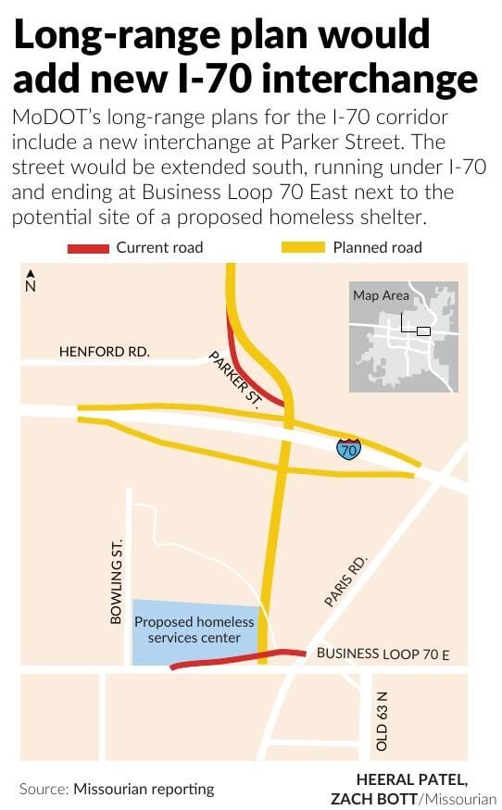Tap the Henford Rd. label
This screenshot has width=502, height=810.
click(x=104, y=352)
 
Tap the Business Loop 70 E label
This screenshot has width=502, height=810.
click(x=383, y=654)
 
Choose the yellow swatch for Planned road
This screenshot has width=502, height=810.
click(x=303, y=247)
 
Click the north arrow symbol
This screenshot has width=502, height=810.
click(x=31, y=280)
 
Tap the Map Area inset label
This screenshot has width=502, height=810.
click(x=381, y=295)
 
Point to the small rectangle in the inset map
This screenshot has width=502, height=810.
click(x=423, y=330)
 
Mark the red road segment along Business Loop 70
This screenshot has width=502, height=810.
click(x=232, y=658)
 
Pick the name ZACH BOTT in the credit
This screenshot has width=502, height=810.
click(x=370, y=798)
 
